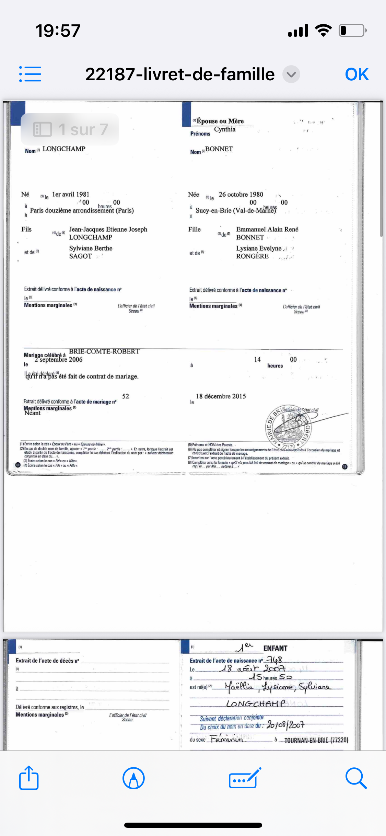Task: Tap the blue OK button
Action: click(x=356, y=74)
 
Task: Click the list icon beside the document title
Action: click(x=30, y=74)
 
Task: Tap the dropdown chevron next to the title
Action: click(x=291, y=74)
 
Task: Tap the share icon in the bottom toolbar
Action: click(x=29, y=778)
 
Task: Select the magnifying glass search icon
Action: click(x=356, y=778)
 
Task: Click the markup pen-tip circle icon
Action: click(x=133, y=778)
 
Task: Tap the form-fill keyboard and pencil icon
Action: click(x=245, y=778)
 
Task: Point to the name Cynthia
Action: click(x=225, y=129)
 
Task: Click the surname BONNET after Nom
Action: click(x=219, y=149)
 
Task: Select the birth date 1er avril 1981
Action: click(x=71, y=194)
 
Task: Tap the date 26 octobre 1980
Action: click(x=241, y=194)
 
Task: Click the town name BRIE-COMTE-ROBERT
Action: click(x=104, y=351)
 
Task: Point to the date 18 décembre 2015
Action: click(x=221, y=396)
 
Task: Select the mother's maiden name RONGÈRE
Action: click(x=252, y=256)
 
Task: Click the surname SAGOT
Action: click(x=81, y=256)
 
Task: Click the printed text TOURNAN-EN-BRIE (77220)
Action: click(x=316, y=740)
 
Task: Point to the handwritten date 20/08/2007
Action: click(x=285, y=725)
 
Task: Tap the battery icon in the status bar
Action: click(x=352, y=31)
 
